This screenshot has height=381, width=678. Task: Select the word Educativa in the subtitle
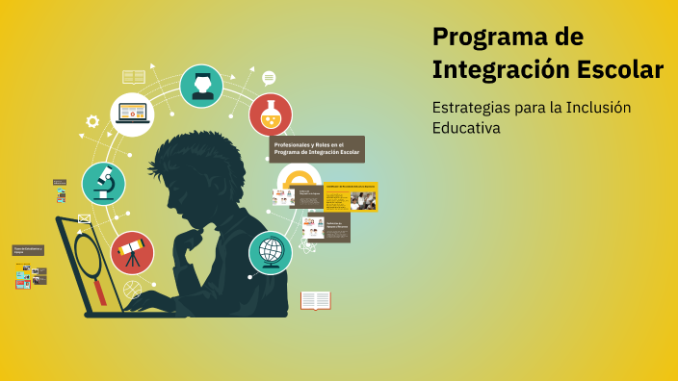467,128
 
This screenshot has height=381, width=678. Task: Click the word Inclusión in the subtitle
596,107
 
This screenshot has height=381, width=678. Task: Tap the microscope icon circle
103,183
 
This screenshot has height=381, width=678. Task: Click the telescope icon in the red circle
132,253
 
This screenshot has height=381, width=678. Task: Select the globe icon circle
271,252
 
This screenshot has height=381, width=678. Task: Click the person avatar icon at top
202,86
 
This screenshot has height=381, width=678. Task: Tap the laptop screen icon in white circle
132,114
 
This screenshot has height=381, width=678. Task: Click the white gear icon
92,122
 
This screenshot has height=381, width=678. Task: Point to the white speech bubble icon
269,78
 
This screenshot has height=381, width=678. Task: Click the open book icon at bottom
315,300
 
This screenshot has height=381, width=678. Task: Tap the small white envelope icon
84,218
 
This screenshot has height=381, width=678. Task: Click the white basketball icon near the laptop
132,289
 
